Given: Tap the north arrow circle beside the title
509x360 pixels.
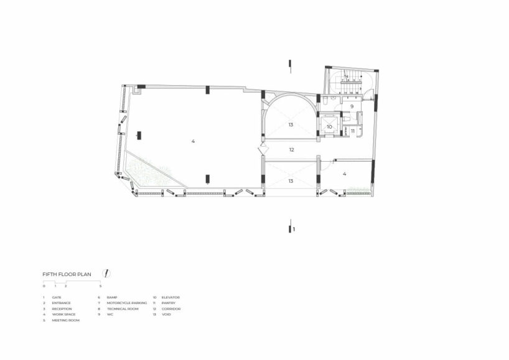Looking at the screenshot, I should [x=107, y=273].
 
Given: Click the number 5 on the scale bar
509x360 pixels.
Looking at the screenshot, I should [x=100, y=286].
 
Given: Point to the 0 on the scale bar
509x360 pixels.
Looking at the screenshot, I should [x=44, y=286].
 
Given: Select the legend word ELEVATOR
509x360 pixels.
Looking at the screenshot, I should [x=170, y=298].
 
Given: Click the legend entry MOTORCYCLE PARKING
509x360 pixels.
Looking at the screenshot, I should [x=126, y=303].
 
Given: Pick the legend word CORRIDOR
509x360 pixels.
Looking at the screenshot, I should [x=170, y=308].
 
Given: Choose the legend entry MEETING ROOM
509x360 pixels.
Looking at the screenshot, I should [x=66, y=320].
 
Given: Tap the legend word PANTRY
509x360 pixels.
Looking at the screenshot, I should [x=168, y=303].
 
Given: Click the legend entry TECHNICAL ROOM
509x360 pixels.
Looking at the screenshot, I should [x=122, y=308].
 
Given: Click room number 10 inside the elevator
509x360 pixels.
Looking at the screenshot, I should [x=329, y=126].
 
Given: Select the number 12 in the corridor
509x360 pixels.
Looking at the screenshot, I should [x=291, y=150].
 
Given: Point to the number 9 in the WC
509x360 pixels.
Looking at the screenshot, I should [x=352, y=107].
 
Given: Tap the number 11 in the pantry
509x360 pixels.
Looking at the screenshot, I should [x=352, y=131].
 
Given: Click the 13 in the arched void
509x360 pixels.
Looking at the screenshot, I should [x=291, y=125].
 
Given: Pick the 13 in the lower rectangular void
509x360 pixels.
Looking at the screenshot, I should [x=291, y=181].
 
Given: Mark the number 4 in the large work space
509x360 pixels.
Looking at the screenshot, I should [x=193, y=142].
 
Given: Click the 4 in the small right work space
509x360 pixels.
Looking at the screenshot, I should [x=344, y=174].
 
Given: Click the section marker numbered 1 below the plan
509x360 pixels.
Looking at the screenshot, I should [x=294, y=229].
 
